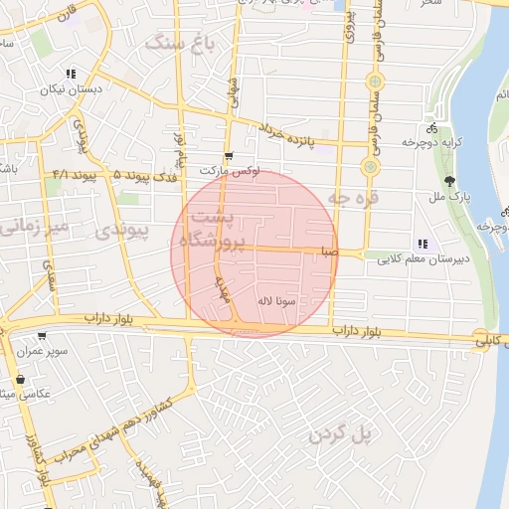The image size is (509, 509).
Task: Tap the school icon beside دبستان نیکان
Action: tap(71, 74)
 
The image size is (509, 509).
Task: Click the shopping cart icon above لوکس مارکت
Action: tap(229, 156)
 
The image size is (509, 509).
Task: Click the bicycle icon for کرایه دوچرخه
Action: tap(431, 128)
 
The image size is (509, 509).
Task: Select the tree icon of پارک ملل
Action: tap(449, 181)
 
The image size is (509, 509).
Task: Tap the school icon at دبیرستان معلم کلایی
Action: tap(423, 243)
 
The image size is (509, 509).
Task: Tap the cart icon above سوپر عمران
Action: tap(41, 336)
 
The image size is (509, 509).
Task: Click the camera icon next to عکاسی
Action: tap(20, 379)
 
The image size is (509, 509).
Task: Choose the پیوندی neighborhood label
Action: tap(122, 232)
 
